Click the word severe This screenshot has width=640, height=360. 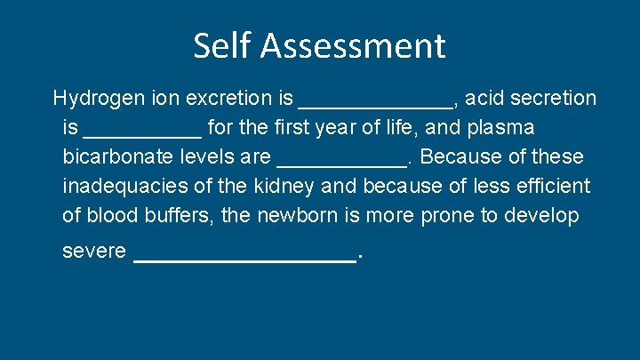pyautogui.click(x=94, y=252)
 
